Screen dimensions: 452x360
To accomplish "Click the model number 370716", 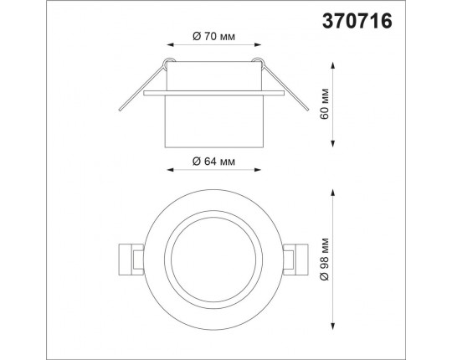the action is [357, 21].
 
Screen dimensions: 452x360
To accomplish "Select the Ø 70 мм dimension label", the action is [213, 37].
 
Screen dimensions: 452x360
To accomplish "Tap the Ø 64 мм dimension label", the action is [213, 162].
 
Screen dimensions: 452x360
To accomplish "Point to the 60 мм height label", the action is [324, 104].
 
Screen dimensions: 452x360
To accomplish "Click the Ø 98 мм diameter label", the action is [324, 259].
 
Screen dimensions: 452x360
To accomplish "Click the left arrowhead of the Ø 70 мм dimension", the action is [171, 44].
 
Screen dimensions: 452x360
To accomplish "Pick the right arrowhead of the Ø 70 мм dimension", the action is [258, 44].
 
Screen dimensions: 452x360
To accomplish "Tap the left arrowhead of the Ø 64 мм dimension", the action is [171, 169].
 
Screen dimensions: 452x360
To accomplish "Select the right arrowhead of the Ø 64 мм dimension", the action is [258, 169].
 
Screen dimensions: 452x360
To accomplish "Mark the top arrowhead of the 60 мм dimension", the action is [333, 65].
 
